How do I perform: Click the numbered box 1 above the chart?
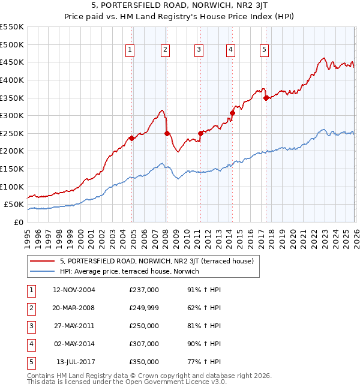130,50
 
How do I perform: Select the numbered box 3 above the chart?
199,50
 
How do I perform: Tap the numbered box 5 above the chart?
265,50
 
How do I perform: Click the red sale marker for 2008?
167,134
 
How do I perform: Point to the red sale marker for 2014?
232,113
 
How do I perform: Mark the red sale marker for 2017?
266,98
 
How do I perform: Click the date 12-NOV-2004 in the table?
74,290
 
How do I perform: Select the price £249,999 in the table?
144,308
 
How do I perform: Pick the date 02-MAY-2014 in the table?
74,344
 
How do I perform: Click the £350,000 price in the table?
144,362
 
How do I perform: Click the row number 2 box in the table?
31,308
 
